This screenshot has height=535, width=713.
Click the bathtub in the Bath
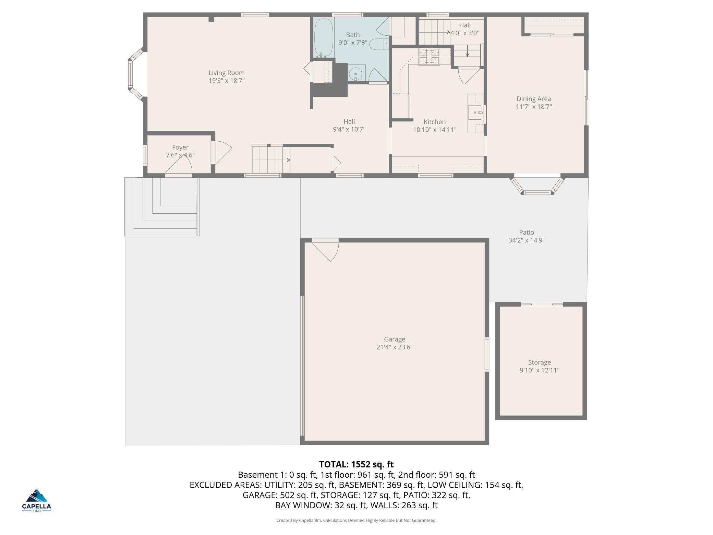pyautogui.click(x=324, y=38)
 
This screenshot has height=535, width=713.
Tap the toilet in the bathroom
pyautogui.click(x=380, y=44)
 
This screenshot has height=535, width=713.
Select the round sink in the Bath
pyautogui.click(x=356, y=74)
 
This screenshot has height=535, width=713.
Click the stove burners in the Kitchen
pyautogui.click(x=429, y=57)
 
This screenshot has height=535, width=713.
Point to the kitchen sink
pyautogui.click(x=475, y=112)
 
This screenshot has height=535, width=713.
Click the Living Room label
pyautogui.click(x=227, y=73)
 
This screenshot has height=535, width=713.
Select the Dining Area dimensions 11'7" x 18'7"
pyautogui.click(x=534, y=107)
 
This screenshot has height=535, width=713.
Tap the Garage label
pyautogui.click(x=394, y=339)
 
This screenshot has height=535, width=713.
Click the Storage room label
pyautogui.click(x=539, y=362)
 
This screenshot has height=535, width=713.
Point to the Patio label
pyautogui.click(x=526, y=232)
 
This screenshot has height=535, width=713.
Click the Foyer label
pyautogui.click(x=180, y=147)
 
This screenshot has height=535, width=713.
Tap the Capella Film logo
pyautogui.click(x=37, y=500)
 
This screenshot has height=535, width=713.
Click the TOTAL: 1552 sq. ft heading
pyautogui.click(x=356, y=464)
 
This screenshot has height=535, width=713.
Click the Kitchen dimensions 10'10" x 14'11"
pyautogui.click(x=435, y=130)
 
